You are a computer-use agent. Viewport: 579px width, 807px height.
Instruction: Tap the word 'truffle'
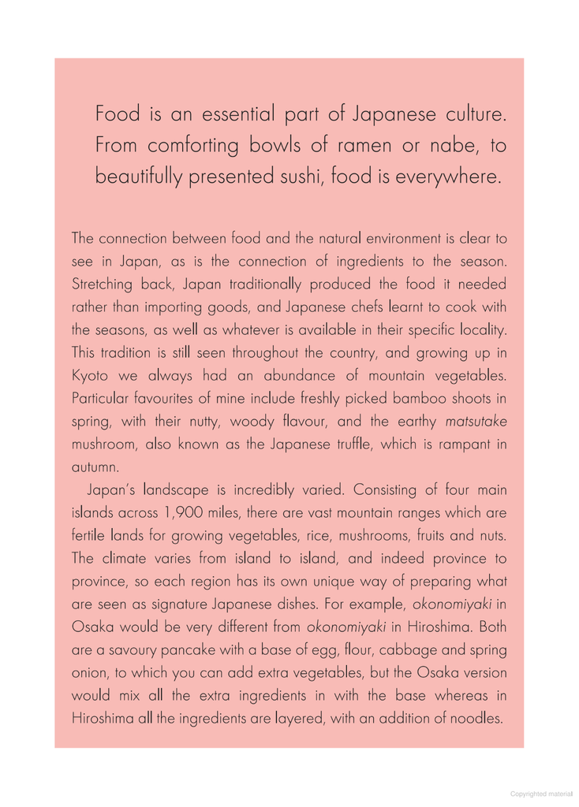[x=346, y=444]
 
